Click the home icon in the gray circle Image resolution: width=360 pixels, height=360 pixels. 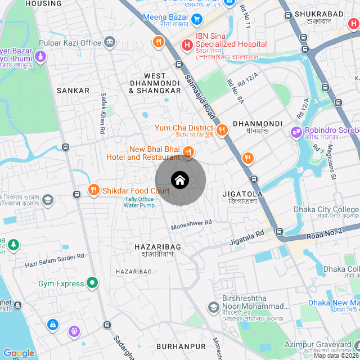pos(180,181)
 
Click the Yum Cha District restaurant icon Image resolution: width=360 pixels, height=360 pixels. pos(222,130)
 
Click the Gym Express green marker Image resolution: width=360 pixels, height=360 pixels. pos(92,283)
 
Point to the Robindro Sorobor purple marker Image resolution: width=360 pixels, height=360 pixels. pos(296,133)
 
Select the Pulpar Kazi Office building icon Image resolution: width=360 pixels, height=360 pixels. pos(110,42)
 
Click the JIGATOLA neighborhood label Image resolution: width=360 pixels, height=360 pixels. pos(243,193)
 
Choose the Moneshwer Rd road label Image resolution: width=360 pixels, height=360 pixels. pos(191,223)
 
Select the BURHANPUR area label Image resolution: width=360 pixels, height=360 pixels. pos(181,346)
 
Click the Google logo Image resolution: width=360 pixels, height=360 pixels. pos(18,353)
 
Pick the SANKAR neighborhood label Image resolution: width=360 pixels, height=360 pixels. pos(73,90)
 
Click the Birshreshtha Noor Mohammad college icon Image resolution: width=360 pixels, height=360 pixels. pos(213,307)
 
